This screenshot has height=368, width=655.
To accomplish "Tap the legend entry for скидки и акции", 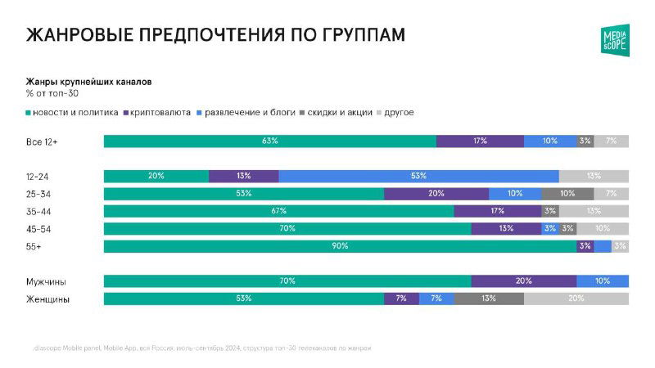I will pyautogui.click(x=342, y=112).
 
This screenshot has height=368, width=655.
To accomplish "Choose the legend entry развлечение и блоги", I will pyautogui.click(x=250, y=112).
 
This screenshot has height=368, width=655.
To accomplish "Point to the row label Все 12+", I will pyautogui.click(x=42, y=141).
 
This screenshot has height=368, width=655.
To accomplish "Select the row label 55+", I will pyautogui.click(x=35, y=246).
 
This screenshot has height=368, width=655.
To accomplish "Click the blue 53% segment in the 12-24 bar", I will pyautogui.click(x=418, y=176).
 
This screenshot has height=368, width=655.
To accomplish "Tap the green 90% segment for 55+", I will pyautogui.click(x=340, y=246).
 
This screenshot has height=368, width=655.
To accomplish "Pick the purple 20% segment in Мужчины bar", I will pyautogui.click(x=523, y=281).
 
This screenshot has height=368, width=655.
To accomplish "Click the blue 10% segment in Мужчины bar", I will pyautogui.click(x=603, y=281).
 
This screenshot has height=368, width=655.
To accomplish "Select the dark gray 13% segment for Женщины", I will pyautogui.click(x=488, y=298).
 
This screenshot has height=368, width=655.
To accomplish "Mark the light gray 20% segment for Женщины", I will pyautogui.click(x=576, y=298).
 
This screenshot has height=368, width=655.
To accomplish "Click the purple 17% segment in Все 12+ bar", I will pyautogui.click(x=480, y=141).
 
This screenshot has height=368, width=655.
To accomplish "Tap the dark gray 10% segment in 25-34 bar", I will pyautogui.click(x=567, y=194).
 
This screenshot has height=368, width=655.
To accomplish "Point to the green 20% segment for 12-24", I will pyautogui.click(x=156, y=176).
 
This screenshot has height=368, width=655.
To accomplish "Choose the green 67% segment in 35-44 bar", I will pyautogui.click(x=278, y=211).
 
